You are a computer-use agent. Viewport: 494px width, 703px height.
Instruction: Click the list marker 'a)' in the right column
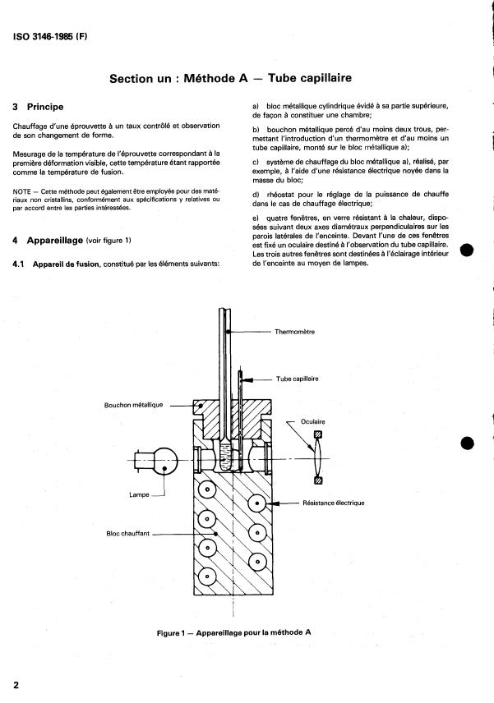[256, 106]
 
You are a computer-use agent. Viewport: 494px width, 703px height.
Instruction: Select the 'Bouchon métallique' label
[135, 404]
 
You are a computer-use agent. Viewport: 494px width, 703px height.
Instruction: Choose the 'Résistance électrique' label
[334, 502]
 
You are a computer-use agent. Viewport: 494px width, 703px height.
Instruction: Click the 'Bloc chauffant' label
[131, 533]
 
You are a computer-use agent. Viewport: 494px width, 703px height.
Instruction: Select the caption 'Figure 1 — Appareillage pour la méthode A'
[234, 632]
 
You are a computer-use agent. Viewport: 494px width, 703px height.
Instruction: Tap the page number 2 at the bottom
[16, 683]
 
